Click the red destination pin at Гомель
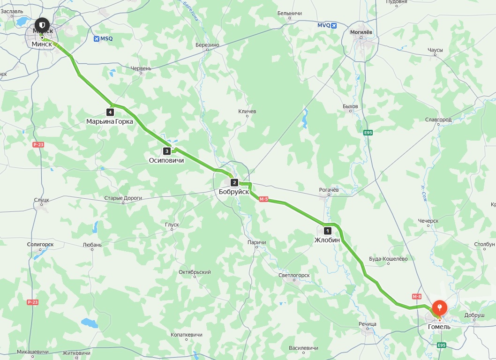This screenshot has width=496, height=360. [439, 308]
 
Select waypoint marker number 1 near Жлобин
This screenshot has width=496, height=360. [327, 231]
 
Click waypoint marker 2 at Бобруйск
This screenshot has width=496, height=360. [234, 183]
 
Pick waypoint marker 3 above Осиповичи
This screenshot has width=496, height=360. [166, 151]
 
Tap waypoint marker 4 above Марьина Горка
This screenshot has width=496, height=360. [110, 112]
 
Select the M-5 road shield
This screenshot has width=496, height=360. [263, 199]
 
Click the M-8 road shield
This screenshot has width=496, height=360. [417, 296]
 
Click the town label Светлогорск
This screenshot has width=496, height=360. [294, 275]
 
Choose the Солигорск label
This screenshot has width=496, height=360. [40, 245]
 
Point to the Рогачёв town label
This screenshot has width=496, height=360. [329, 190]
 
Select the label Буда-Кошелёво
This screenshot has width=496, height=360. [388, 259]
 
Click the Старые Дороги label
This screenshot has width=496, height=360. [123, 198]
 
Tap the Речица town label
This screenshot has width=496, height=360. [368, 324]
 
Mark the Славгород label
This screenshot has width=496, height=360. [438, 120]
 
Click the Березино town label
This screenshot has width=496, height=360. [207, 45]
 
